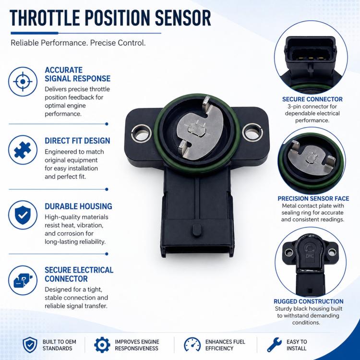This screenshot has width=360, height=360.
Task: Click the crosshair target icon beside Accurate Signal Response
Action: click(23, 82)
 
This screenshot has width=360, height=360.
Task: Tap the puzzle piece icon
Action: click(23, 150)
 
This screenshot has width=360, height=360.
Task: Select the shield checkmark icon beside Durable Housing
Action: click(23, 215)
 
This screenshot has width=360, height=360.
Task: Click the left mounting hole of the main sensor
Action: click(141, 133)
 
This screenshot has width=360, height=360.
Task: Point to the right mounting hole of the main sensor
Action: click(253, 132)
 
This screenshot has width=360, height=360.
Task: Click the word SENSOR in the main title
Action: click(183, 18)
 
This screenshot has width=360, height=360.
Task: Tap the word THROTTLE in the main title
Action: click(45, 18)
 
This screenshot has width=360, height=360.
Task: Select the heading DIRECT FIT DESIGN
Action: click(77, 141)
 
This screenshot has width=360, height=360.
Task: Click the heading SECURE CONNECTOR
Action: click(312, 99)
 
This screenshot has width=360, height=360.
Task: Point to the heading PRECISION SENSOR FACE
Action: click(313, 198)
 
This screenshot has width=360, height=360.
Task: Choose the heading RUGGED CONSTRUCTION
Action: click(309, 301)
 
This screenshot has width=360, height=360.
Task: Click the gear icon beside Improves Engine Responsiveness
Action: click(102, 345)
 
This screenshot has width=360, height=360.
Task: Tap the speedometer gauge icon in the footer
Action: click(192, 344)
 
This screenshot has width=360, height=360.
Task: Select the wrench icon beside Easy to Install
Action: click(275, 345)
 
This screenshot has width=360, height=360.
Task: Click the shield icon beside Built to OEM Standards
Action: click(30, 345)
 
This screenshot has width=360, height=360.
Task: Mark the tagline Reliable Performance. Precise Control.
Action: click(78, 43)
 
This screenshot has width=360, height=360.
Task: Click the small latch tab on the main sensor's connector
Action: click(197, 230)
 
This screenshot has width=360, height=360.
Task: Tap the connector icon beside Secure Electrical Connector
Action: click(23, 280)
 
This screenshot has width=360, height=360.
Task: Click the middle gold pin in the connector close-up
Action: click(311, 58)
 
